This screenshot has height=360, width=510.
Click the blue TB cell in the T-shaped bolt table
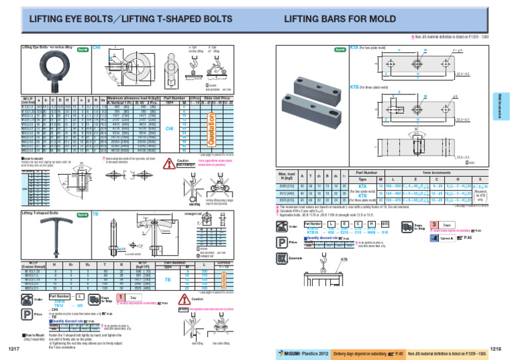tap(151, 280)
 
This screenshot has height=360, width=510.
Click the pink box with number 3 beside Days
tap(434, 225)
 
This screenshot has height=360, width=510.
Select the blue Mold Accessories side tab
tap(504, 106)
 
